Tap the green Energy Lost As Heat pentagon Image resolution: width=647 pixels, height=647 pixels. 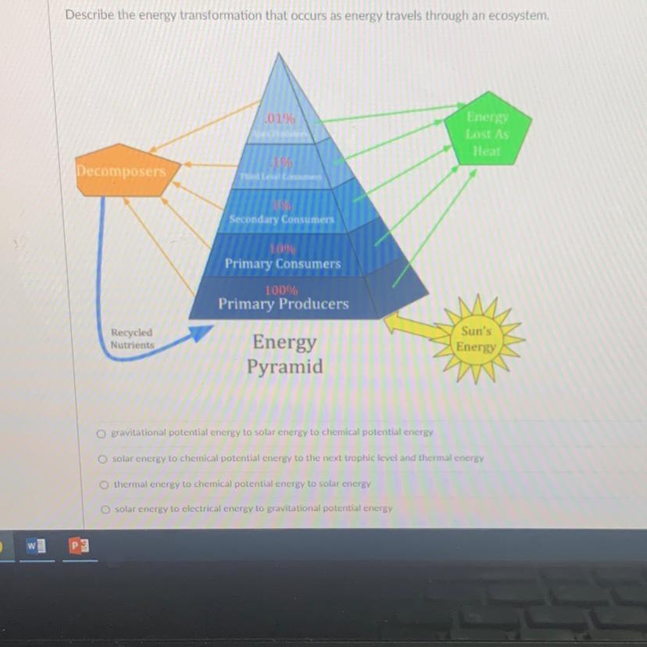coord(488,134)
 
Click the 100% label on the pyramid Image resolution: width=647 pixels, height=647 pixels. coord(281,290)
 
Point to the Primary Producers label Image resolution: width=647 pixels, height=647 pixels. coord(284,304)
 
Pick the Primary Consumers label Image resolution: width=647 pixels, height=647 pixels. coord(283,264)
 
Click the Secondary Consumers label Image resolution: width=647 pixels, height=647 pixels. coord(281,220)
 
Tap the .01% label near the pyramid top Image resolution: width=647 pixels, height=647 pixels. coord(281,119)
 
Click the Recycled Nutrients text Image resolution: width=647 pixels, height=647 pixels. coord(132,338)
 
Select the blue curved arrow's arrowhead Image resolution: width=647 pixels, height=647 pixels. coord(201,334)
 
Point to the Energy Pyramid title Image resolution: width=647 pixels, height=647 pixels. coord(284,354)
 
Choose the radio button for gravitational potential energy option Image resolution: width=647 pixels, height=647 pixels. coord(101,432)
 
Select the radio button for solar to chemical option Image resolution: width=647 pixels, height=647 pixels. coord(102,459)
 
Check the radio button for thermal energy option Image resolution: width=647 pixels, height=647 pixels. coord(104,484)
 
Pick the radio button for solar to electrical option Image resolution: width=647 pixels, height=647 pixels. coord(105,509)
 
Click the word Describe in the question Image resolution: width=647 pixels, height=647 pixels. coord(89,15)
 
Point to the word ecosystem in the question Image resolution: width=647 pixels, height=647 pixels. coord(518,15)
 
